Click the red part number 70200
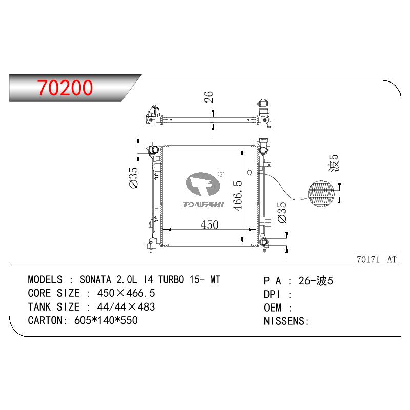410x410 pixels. tap(65, 87)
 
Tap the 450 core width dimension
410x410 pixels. tap(210, 224)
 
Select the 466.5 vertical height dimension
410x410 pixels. tap(238, 195)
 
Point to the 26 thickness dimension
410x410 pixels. tap(209, 96)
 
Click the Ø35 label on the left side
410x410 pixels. tap(133, 178)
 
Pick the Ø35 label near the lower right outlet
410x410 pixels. tap(282, 212)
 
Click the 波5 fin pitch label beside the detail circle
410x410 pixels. tap(334, 163)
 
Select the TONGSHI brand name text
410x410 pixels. tap(203, 204)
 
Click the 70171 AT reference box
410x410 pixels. tap(377, 259)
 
